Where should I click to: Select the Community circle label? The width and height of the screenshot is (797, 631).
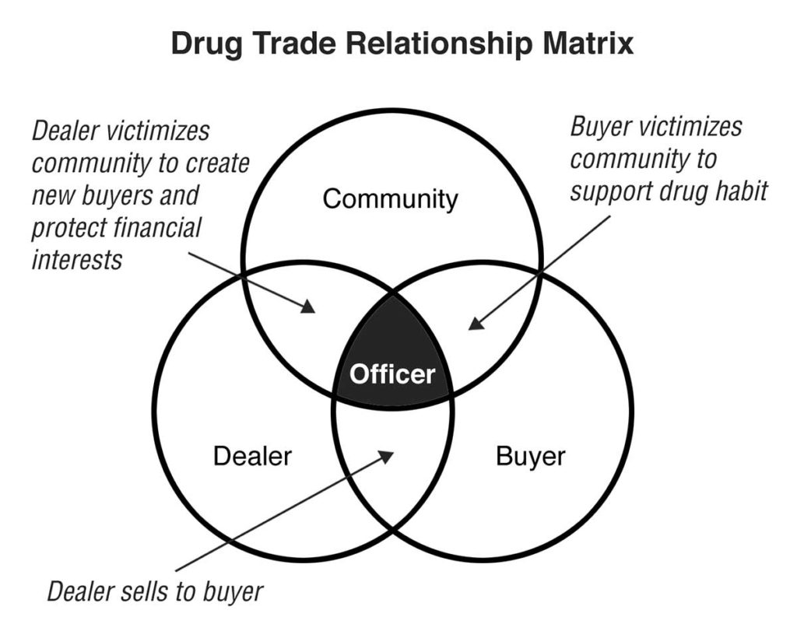coord(391,200)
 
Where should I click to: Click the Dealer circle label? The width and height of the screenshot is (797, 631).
coord(252,456)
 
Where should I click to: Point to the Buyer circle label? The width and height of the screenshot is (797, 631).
coord(530,456)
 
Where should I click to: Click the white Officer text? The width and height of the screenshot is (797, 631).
coord(392,375)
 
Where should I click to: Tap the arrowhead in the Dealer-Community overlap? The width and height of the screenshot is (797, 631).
coord(308,307)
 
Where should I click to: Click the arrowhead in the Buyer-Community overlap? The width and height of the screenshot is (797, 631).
coord(476,323)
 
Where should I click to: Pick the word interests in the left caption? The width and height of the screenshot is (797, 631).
coord(77,259)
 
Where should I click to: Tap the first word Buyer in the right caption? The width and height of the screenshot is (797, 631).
coord(602,128)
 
